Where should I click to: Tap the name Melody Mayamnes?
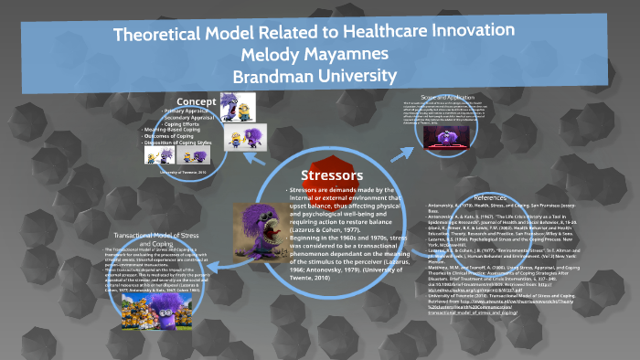(x=319, y=55)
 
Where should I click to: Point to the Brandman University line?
(x=319, y=74)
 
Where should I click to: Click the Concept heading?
(x=196, y=100)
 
